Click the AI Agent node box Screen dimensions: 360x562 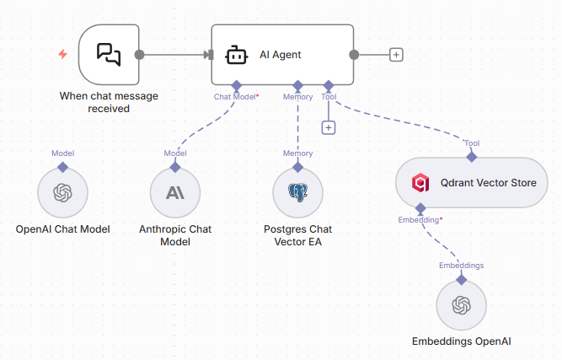pyautogui.click(x=281, y=55)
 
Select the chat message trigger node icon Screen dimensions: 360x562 pyautogui.click(x=109, y=55)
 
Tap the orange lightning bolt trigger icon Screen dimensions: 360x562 pyautogui.click(x=62, y=55)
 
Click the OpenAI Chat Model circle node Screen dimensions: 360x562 pyautogui.click(x=62, y=193)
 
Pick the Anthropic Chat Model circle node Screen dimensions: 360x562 pyautogui.click(x=175, y=193)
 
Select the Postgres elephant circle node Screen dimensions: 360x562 pyautogui.click(x=298, y=193)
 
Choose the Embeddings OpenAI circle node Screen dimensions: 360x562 pyautogui.click(x=461, y=305)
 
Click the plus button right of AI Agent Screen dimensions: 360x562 pyautogui.click(x=396, y=55)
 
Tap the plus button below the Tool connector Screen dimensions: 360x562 pyautogui.click(x=329, y=127)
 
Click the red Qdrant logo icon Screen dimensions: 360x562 pyautogui.click(x=420, y=182)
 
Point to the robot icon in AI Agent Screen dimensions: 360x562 pyautogui.click(x=236, y=56)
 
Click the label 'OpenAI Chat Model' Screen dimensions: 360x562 pyautogui.click(x=62, y=229)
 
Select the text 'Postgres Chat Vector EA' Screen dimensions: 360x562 pyautogui.click(x=298, y=235)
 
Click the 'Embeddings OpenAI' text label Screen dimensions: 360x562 pyautogui.click(x=461, y=341)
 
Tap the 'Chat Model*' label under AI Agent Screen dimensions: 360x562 pyautogui.click(x=236, y=97)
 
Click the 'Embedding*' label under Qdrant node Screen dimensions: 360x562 pyautogui.click(x=420, y=220)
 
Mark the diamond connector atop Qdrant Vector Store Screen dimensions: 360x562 pyautogui.click(x=472, y=157)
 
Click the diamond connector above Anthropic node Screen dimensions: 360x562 pyautogui.click(x=175, y=167)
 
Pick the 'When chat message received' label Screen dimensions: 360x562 pyautogui.click(x=109, y=102)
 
